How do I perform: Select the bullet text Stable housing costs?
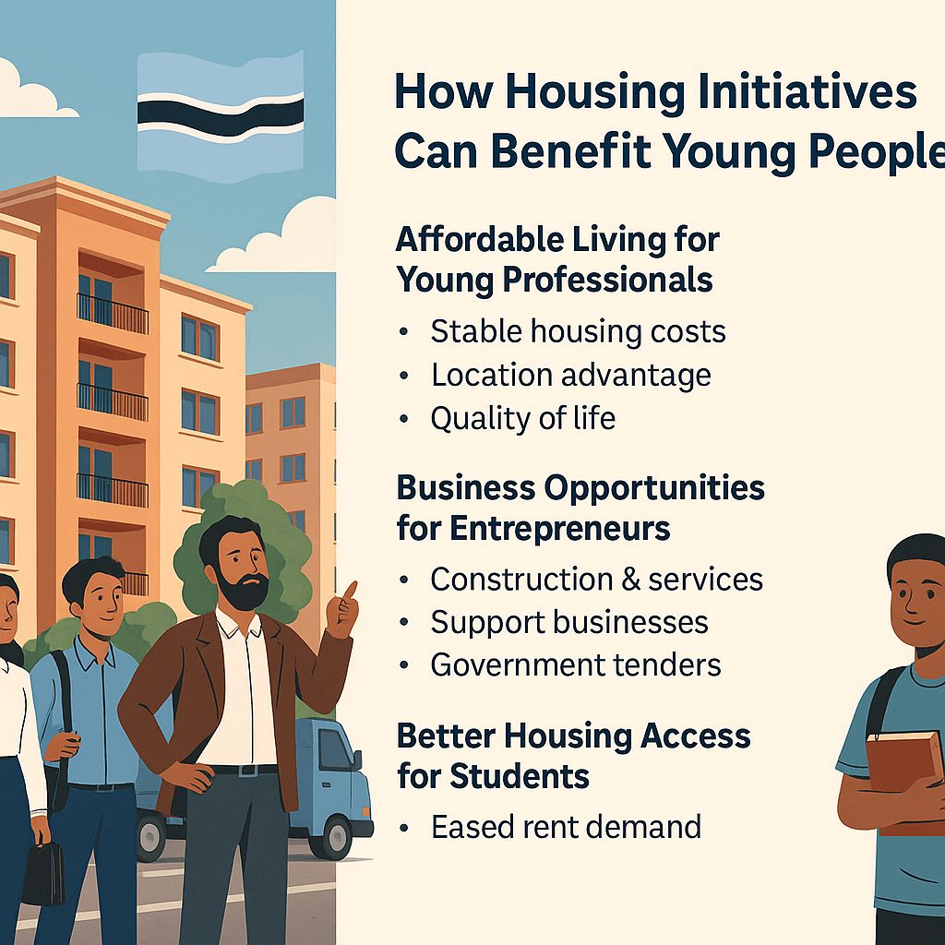578,331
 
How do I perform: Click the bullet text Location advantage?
570,375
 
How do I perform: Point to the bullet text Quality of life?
522,418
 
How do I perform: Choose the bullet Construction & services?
596,579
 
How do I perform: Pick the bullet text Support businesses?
568,622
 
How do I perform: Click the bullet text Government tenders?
576,664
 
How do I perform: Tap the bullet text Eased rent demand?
566,826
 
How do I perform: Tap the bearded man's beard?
245,591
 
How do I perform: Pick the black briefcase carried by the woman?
42,872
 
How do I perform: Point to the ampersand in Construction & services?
631,580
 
